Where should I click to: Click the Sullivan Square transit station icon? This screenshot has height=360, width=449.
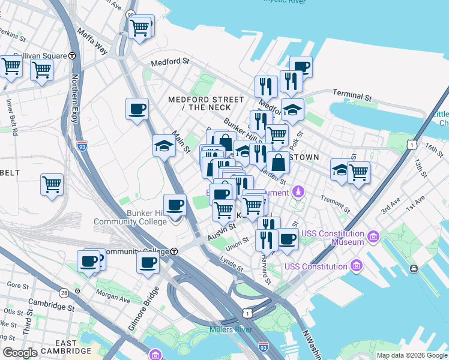coord(71,55)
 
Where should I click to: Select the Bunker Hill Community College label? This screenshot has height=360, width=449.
coord(130,217)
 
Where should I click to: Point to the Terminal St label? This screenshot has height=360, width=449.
coord(352,96)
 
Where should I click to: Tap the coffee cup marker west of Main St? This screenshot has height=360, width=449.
coord(137,109)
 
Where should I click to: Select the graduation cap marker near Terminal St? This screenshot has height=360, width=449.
coord(292,109)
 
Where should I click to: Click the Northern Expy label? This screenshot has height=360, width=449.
coord(75,98)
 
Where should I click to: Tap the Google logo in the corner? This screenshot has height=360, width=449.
coord(20,353)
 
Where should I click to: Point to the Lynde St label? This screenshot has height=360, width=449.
coord(231,262)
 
